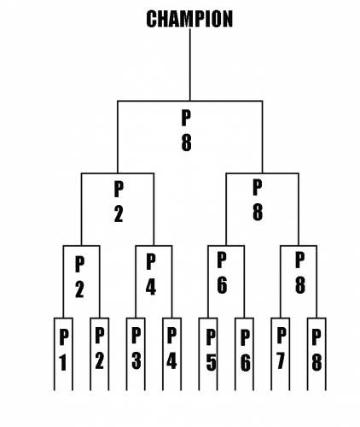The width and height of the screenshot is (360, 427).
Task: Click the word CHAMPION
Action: [189, 19]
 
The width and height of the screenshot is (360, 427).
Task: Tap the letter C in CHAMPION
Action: [152, 19]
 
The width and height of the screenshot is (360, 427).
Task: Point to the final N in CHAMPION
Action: [227, 19]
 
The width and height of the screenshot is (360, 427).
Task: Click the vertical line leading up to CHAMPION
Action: [190, 65]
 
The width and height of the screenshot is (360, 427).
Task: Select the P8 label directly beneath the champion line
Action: [186, 130]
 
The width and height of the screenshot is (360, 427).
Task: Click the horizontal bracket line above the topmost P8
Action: [190, 101]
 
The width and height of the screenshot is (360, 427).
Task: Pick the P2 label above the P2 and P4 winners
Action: [119, 202]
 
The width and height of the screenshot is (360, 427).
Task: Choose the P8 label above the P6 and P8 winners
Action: [258, 200]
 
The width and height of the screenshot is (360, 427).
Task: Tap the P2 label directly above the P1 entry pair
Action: [79, 277]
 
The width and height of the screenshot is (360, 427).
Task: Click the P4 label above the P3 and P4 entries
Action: [151, 274]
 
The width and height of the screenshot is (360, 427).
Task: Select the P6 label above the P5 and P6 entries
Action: [222, 272]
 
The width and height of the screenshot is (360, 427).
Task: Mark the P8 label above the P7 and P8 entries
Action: [299, 272]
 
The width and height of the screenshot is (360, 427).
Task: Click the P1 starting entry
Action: [63, 350]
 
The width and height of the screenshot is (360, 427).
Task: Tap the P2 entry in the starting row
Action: [99, 348]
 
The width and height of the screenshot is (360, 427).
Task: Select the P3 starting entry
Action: [136, 348]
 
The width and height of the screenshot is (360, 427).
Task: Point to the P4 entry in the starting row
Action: [171, 348]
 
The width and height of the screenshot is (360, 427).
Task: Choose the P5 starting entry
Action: [211, 350]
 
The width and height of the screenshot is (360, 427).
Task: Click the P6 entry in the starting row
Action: [245, 350]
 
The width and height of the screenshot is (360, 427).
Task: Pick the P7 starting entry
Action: [281, 348]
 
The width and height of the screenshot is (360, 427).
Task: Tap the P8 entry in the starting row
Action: [316, 350]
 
